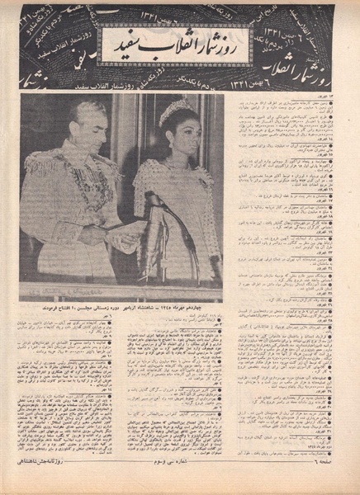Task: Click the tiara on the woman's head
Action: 174,111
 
